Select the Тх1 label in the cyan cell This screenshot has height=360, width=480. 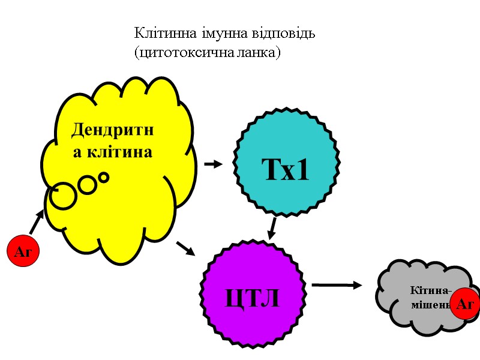[x=285, y=171]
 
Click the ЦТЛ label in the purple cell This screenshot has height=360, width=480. [x=253, y=297]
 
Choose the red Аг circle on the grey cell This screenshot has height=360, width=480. [x=464, y=304]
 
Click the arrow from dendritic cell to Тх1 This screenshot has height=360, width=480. [x=213, y=164]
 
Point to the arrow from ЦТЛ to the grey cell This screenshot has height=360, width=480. [x=337, y=285]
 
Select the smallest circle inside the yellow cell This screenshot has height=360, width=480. [x=104, y=178]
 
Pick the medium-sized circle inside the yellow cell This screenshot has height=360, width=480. [x=87, y=185]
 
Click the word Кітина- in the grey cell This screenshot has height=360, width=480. [x=430, y=291]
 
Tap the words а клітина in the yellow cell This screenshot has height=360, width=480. [x=113, y=152]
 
